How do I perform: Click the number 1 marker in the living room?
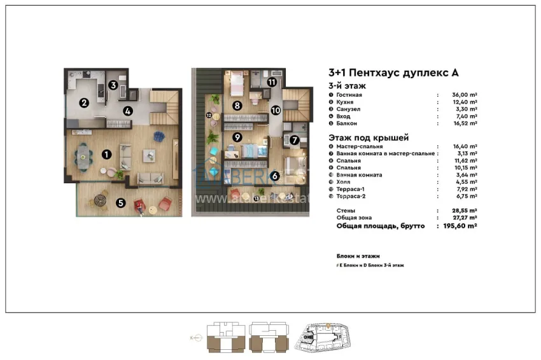[108, 153]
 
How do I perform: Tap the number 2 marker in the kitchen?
[83, 102]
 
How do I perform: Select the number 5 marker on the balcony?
[120, 204]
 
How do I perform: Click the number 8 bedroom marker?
[236, 106]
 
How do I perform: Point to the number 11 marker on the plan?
[272, 82]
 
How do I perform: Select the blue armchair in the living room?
[158, 135]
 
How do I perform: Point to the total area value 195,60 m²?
[460, 225]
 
